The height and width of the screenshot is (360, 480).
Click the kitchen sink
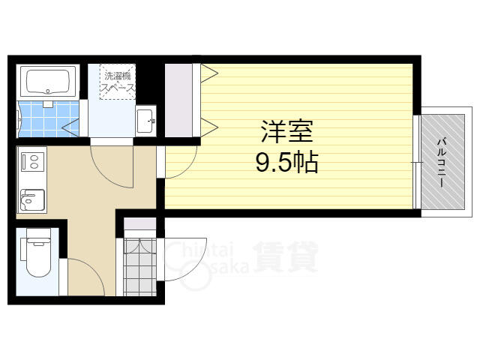coord(33,200)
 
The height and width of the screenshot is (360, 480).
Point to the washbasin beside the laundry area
coord(145,121)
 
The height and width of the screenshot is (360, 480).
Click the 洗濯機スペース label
coord(118,82)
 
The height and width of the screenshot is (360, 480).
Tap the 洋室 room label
coord(286,132)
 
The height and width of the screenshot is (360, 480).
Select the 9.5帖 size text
coord(286,162)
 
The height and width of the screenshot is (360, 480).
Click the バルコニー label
coord(442,163)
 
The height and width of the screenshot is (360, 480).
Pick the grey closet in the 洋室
coord(178,100)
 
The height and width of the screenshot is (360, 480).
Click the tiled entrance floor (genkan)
coord(140,267)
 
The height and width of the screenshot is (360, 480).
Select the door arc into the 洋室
coord(188,169)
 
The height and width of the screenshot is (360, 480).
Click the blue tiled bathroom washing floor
coord(48,118)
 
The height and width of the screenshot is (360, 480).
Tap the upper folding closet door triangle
coord(209,73)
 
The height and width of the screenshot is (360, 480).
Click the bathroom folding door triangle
coord(70,127)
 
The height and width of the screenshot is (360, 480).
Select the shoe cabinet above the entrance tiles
coord(140,224)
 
